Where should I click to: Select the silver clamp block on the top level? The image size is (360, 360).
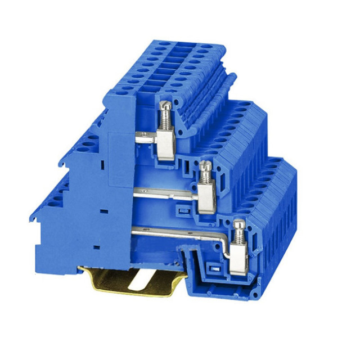165,145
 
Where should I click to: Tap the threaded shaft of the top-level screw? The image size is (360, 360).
165,119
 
